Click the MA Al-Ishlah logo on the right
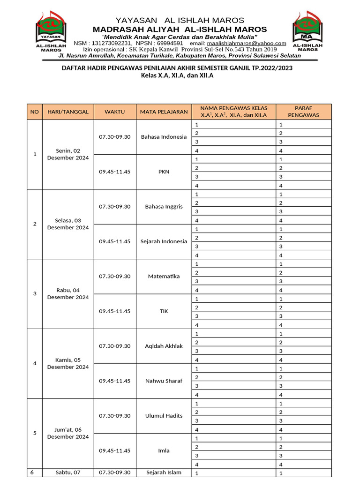[x=307, y=31]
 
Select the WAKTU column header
[x=114, y=112]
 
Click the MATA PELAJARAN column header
[x=164, y=112]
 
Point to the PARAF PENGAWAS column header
[x=303, y=112]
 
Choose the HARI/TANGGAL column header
[x=68, y=112]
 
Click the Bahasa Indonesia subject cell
[x=164, y=137]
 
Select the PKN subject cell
[x=164, y=172]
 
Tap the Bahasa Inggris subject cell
[x=164, y=207]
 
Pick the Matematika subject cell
[x=164, y=276]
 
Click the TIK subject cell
[x=164, y=311]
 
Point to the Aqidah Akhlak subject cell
[x=164, y=346]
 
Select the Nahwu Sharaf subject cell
[x=164, y=381]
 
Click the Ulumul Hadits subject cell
[x=164, y=416]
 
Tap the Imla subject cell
[x=164, y=450]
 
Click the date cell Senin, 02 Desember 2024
[x=68, y=154]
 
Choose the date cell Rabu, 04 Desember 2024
[x=68, y=293]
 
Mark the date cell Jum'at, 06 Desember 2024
[x=68, y=433]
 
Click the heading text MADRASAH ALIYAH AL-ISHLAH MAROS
[x=180, y=29]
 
